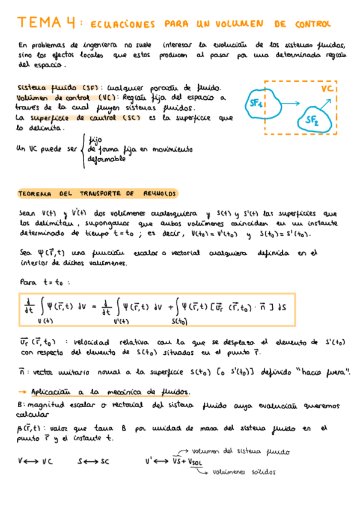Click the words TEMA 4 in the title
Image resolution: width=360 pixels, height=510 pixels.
[47, 23]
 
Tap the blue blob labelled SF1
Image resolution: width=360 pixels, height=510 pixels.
[258, 104]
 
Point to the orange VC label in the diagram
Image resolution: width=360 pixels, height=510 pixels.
[327, 89]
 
